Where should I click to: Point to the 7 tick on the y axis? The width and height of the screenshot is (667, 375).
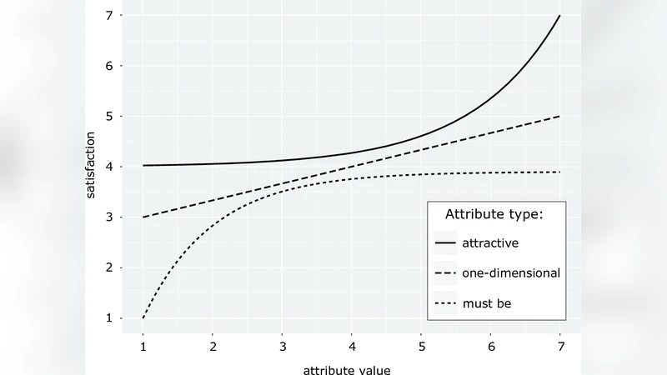pyautogui.click(x=108, y=16)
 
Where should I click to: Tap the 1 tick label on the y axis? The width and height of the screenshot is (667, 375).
pyautogui.click(x=108, y=318)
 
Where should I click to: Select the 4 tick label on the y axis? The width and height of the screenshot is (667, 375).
pyautogui.click(x=108, y=167)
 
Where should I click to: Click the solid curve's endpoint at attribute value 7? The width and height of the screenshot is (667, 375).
pyautogui.click(x=559, y=16)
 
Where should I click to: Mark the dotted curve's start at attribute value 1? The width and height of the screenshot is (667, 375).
pyautogui.click(x=143, y=317)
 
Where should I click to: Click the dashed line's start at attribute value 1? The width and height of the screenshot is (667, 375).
pyautogui.click(x=143, y=217)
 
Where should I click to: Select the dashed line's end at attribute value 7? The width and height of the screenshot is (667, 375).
pyautogui.click(x=559, y=116)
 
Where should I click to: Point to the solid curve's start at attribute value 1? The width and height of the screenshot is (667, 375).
pyautogui.click(x=143, y=165)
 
